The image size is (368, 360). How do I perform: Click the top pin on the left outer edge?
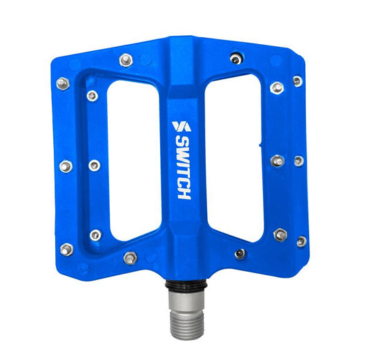pyautogui.click(x=62, y=83)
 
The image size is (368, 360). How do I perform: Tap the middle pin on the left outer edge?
pyautogui.click(x=66, y=166)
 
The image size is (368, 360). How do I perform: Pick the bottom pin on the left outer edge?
pyautogui.click(x=66, y=249)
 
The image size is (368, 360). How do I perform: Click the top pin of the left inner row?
pyautogui.click(x=91, y=96)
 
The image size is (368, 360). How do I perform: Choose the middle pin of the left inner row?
pyautogui.click(x=94, y=165)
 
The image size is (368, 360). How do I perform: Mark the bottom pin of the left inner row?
pyautogui.click(x=95, y=234)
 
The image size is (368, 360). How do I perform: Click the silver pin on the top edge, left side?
pyautogui.click(x=125, y=61)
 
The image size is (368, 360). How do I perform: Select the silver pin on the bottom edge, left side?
pyautogui.click(x=129, y=258)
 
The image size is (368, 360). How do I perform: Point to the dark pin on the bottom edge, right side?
pyautogui.click(x=240, y=254)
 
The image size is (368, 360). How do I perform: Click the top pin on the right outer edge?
pyautogui.click(x=298, y=81)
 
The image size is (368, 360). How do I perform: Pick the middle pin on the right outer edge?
pyautogui.click(x=299, y=161)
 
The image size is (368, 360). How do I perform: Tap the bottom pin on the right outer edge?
pyautogui.click(x=301, y=241)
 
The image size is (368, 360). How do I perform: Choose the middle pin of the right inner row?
pyautogui.click(x=278, y=161)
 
